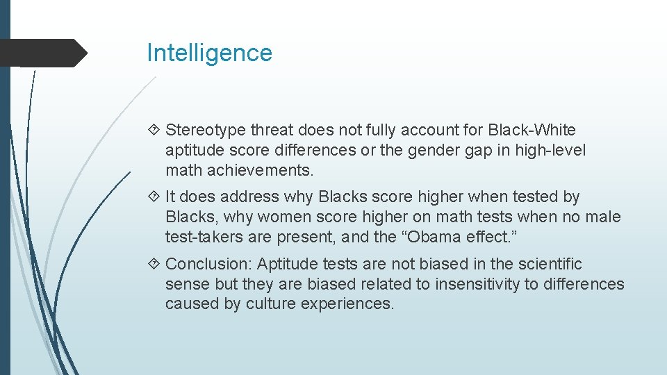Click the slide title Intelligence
(209, 53)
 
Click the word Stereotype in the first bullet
(206, 130)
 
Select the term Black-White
(532, 130)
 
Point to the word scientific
(546, 264)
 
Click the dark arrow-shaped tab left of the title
(42, 53)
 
